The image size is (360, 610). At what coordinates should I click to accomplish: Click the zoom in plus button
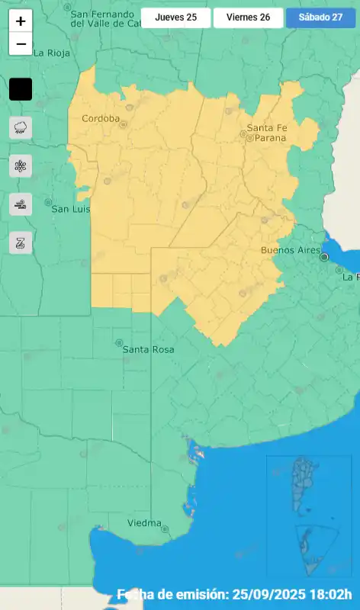coord(21,21)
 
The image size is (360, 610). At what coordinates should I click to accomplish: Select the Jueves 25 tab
coord(176,18)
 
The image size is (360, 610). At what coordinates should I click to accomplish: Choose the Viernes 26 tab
coord(248,18)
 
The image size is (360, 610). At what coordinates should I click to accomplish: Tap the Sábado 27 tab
coord(320,18)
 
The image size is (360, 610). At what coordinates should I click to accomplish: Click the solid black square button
coord(21,89)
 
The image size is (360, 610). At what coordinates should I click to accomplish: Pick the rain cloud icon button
coord(21,127)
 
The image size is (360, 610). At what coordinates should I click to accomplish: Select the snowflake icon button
coord(21,165)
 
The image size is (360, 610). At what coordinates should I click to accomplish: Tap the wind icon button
coord(21,204)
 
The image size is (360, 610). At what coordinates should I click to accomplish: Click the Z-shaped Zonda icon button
coord(21,242)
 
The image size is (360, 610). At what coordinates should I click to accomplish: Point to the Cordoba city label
coord(101,118)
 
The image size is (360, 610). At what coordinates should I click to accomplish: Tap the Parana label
coord(266,138)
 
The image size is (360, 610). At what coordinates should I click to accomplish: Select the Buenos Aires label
coord(289,249)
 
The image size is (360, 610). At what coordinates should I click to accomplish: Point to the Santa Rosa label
coord(148,349)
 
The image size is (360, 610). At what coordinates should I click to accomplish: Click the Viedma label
coord(145,523)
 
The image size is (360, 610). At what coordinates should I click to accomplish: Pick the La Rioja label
coord(52,53)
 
